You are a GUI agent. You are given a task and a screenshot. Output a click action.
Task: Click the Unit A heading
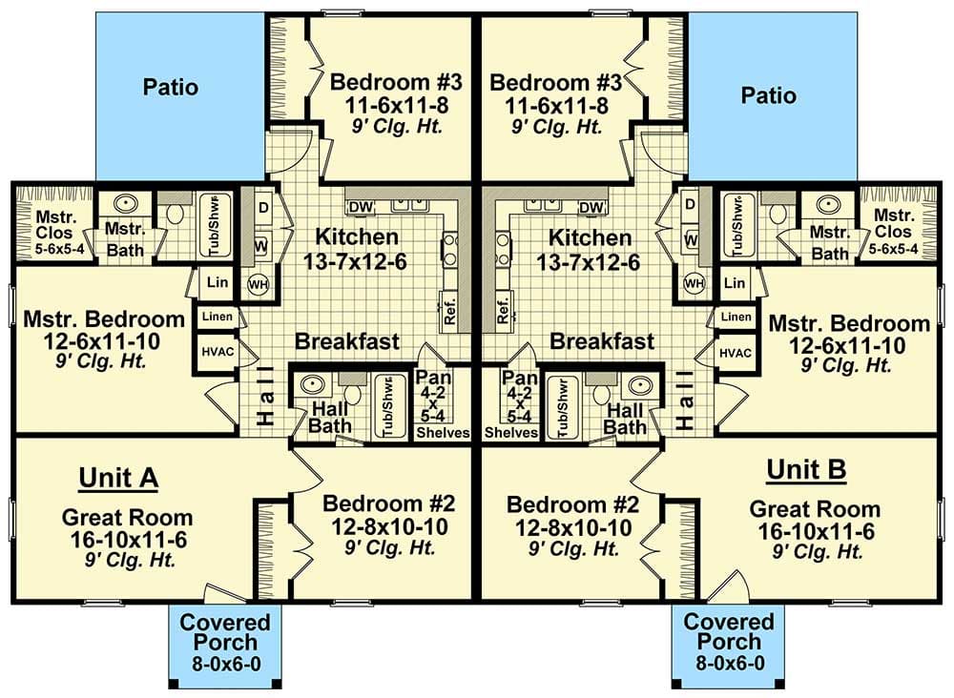[117, 477]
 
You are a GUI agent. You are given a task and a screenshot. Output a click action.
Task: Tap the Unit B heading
[806, 470]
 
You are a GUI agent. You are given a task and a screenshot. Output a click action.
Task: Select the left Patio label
[171, 88]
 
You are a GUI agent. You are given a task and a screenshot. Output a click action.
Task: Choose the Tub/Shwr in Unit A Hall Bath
[385, 407]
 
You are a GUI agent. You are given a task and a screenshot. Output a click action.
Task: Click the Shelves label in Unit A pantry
[444, 432]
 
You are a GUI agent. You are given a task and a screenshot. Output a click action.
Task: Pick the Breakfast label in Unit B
[603, 341]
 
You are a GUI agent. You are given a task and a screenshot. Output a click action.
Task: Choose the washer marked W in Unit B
[691, 241]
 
